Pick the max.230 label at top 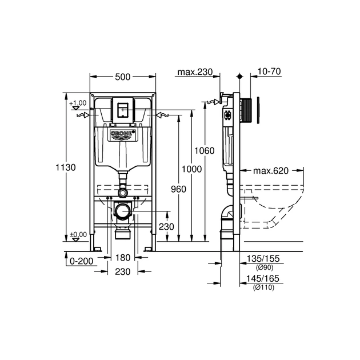coord(194,72)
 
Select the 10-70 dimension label coord(269,72)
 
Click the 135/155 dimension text coord(263,258)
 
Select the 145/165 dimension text coord(263,278)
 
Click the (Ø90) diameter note coord(263,267)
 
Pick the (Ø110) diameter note coord(263,287)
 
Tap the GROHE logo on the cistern coord(123,135)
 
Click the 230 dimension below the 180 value coord(123,272)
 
